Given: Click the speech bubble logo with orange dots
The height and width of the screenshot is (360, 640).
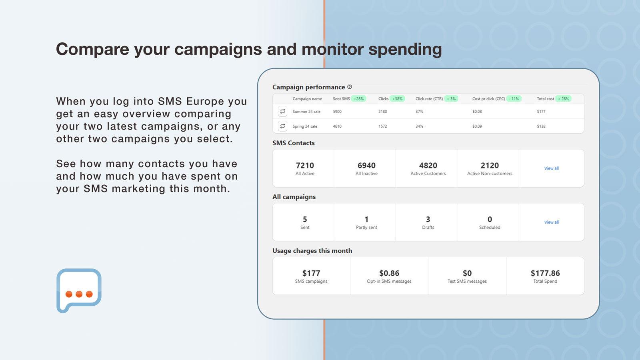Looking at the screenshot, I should click(x=79, y=290).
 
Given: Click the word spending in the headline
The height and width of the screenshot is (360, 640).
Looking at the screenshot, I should click(x=405, y=49).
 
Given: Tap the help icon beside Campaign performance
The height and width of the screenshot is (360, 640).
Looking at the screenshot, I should click(x=350, y=87).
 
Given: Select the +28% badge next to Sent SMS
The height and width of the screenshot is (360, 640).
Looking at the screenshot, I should click(x=359, y=99).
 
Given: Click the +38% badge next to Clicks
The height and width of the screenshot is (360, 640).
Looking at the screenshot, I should click(x=397, y=99).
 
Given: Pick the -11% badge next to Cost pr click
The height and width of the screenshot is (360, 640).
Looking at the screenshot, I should click(x=514, y=99).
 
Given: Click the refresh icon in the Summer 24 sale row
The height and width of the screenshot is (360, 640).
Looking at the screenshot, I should click(x=282, y=112).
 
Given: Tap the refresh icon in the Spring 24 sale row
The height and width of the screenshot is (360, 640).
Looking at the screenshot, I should click(x=282, y=126).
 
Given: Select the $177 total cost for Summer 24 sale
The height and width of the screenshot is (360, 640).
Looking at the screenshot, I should click(x=541, y=112).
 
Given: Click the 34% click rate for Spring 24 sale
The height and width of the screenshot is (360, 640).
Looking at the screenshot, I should click(x=419, y=126).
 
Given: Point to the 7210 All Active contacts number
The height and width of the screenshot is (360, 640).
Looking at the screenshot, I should click(x=305, y=165).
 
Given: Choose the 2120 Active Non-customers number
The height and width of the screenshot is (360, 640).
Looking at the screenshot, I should click(x=490, y=165).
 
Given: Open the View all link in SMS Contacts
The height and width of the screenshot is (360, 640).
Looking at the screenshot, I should click(x=551, y=168).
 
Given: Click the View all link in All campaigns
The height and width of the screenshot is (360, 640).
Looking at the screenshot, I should click(x=551, y=222).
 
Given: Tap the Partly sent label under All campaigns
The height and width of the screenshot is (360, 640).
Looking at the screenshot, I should click(x=366, y=228).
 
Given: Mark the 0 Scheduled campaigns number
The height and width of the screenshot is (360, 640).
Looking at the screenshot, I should click(x=490, y=219).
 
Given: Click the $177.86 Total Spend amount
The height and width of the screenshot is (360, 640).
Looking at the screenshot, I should click(x=545, y=273).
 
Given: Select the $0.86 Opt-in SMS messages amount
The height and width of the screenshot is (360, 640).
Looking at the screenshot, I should click(x=389, y=273).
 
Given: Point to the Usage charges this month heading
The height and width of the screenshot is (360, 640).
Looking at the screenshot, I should click(x=312, y=251).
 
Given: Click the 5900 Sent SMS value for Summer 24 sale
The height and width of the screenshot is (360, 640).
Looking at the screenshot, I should click(x=337, y=112).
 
